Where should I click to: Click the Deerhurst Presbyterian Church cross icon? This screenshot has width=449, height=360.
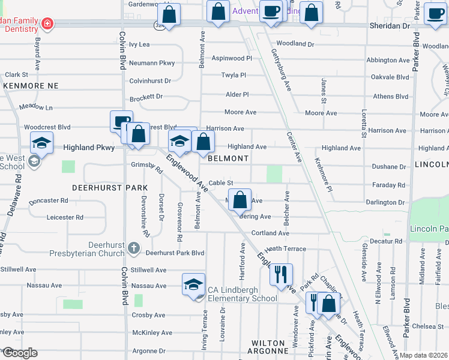click(134, 247)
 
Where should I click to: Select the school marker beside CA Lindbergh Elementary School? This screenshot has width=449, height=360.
click(194, 284)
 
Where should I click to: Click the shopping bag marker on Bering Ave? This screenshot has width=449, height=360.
click(240, 200)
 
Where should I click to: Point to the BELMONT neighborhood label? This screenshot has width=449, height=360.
click(228, 158)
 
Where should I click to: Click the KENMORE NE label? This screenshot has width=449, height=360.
click(31, 86)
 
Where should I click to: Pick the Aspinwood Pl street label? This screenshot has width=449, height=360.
click(232, 58)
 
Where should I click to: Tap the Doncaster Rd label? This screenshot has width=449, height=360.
click(49, 200)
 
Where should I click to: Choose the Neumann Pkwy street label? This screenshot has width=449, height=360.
click(152, 62)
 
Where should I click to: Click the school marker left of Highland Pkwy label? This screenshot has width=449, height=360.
click(41, 143)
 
